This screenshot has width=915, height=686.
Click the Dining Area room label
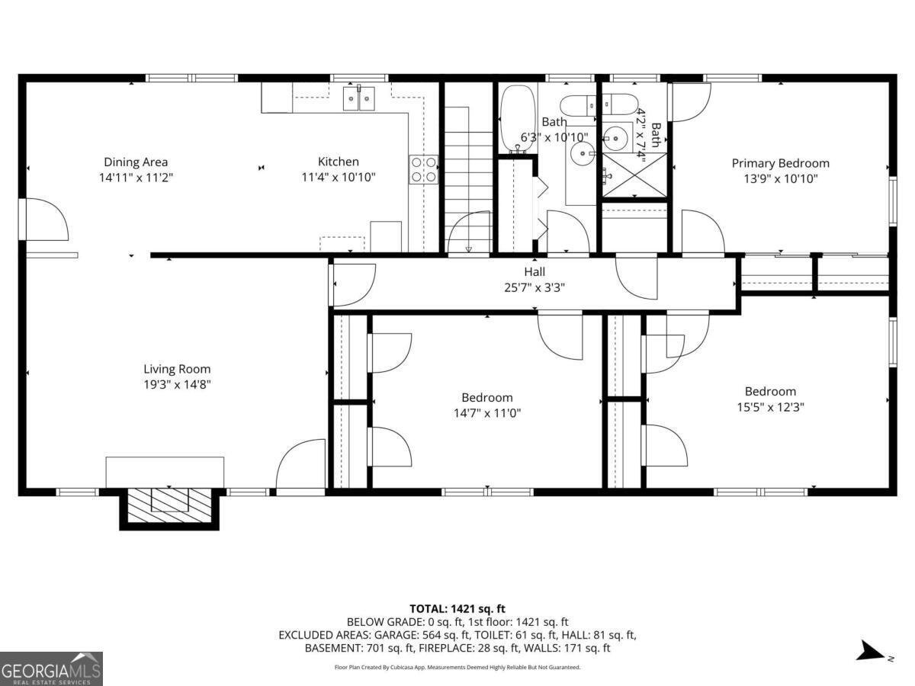[x=136, y=162]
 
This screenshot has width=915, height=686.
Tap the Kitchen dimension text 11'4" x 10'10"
[x=339, y=177]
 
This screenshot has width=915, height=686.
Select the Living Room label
[x=177, y=369]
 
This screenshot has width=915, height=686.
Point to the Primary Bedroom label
[x=780, y=163]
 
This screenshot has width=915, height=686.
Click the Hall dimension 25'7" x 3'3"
[x=535, y=287]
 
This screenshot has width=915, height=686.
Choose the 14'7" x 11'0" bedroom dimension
[x=487, y=413]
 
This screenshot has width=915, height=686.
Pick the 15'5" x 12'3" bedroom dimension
[x=770, y=407]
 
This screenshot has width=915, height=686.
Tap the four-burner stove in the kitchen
[x=423, y=169]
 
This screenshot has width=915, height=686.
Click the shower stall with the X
[x=634, y=175]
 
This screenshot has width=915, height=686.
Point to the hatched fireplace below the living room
[x=169, y=505]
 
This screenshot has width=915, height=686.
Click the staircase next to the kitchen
[x=468, y=179]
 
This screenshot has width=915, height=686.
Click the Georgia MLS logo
[x=51, y=668]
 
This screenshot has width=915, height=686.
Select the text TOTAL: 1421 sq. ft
[x=457, y=609]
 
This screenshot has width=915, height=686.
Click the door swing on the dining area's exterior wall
[x=47, y=219]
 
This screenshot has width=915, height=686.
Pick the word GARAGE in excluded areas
[x=396, y=635]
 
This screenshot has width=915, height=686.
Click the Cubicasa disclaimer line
[x=457, y=667]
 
